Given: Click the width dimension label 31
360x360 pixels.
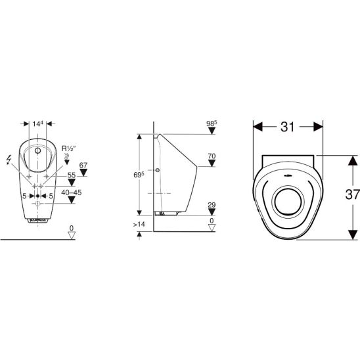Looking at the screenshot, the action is pos(287,127).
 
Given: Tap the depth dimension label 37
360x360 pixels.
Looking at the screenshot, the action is pos(352,195).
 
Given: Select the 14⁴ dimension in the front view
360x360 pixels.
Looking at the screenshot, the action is pos(37,124).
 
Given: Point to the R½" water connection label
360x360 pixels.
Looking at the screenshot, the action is pos(68,148).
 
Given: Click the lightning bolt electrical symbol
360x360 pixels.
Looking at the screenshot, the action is pos(9,160).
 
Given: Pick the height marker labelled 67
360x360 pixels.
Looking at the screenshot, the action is pos(83,166).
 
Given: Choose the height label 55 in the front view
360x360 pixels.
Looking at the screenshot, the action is pos(72,175).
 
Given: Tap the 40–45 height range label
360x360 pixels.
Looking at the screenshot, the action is pos(72,192).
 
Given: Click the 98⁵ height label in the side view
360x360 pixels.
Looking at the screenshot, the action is pos(212,124).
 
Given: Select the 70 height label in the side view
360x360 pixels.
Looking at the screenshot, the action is pos(212,156).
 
